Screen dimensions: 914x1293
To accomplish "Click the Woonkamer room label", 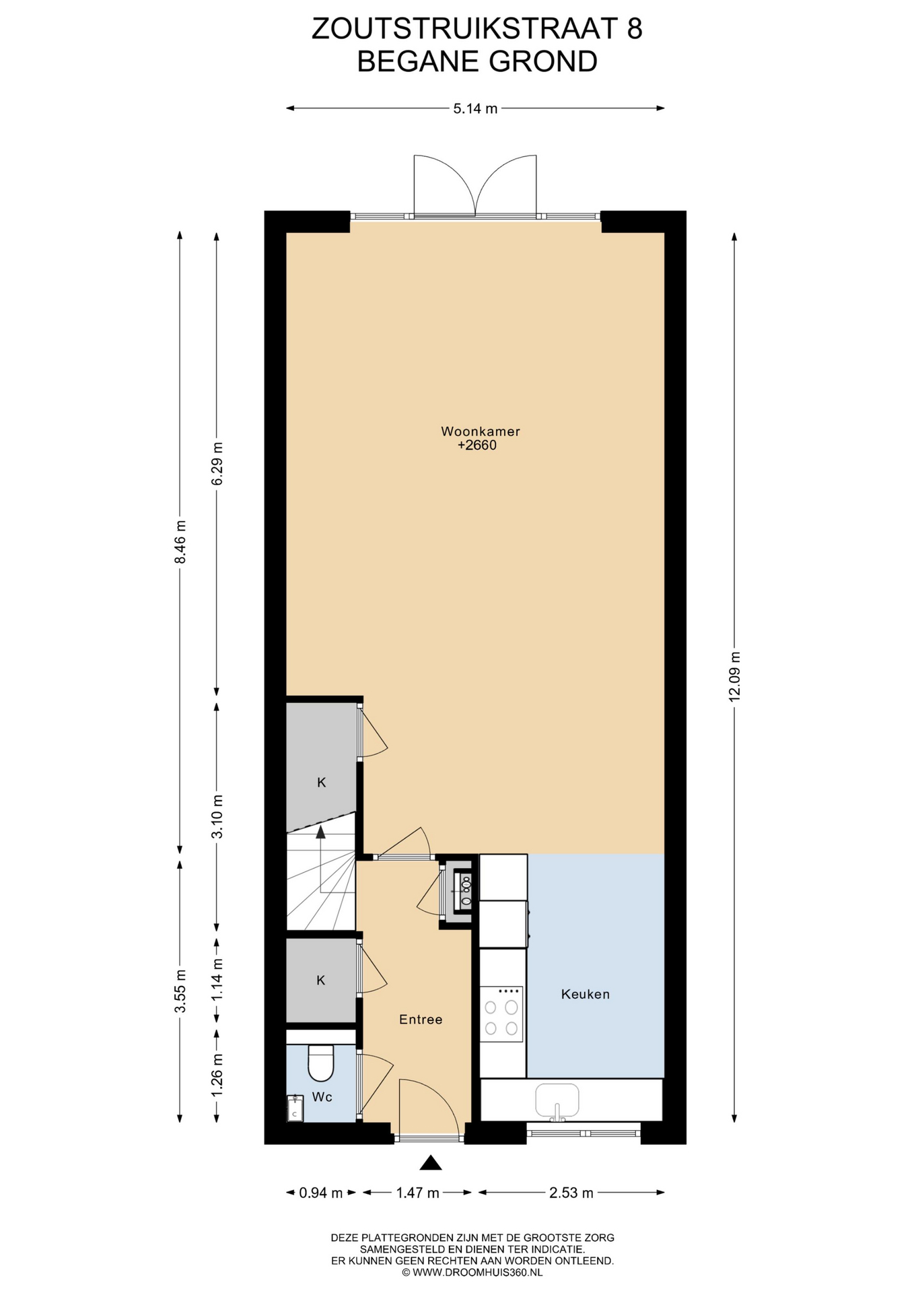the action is point(481,431).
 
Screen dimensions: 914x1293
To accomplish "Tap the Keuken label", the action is point(586,994).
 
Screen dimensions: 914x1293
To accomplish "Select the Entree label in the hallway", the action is point(421,1020).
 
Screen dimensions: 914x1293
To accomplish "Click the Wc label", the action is point(322,1097).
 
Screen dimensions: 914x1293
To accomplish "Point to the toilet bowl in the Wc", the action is point(321,1063).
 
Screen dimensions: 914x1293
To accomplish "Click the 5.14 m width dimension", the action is point(475,108).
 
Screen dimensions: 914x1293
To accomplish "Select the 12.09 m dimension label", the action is point(734,676).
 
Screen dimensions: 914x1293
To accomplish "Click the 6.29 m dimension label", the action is point(217,463).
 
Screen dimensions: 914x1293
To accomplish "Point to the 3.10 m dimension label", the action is point(217,816).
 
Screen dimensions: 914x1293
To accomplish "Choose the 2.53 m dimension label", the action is point(571,1193).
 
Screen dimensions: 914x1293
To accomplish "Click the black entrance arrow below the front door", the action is point(431,1162).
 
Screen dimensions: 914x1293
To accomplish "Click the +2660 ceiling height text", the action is point(477,445).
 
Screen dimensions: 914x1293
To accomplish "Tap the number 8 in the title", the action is point(634,29).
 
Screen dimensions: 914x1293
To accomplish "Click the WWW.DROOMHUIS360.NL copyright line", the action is point(472,1273).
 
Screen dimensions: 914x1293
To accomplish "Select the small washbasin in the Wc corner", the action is point(295,1108).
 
